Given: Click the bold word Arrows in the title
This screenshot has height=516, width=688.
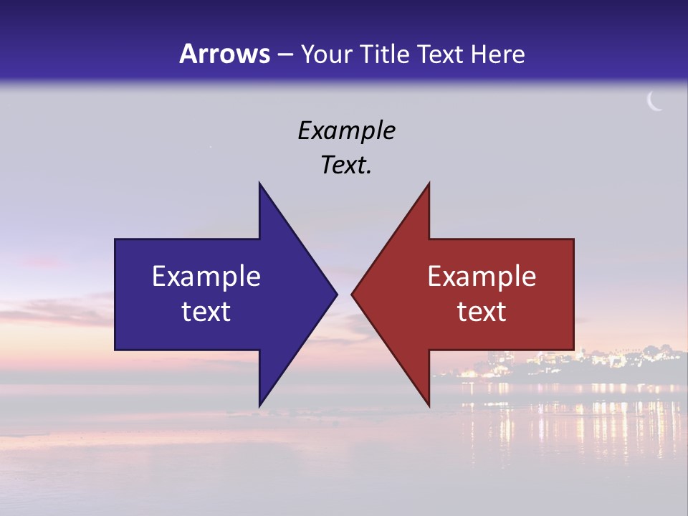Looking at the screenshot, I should pos(224,54).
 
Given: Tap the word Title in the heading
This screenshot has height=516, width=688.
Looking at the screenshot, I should pos(384,54).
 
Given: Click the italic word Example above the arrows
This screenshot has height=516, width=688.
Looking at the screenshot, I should pos(346,130).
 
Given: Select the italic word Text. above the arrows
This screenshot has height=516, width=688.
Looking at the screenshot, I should pos(346,165).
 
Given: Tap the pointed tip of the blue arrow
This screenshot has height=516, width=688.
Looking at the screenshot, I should pos(336,294).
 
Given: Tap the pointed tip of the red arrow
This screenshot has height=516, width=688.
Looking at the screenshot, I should pos(352,294).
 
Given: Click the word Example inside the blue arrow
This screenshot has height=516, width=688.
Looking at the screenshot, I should pos(206,277).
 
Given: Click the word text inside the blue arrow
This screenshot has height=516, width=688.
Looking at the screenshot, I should pos(206,312).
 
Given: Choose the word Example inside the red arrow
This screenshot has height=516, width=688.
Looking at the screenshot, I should pos(482,277).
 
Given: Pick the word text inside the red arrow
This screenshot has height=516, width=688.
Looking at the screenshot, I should pos(482,312).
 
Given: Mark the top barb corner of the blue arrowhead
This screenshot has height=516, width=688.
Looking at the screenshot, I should pos(259,183).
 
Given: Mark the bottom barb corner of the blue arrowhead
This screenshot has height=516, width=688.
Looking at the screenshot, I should pos(259,406).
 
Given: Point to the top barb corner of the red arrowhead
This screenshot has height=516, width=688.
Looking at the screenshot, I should pos(429,183).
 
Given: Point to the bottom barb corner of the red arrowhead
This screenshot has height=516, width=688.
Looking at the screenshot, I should pos(429,406).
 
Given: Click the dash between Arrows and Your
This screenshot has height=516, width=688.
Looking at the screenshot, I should pos(285,54).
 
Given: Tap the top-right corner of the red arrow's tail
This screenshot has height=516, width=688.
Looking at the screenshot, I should pos(573,239).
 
